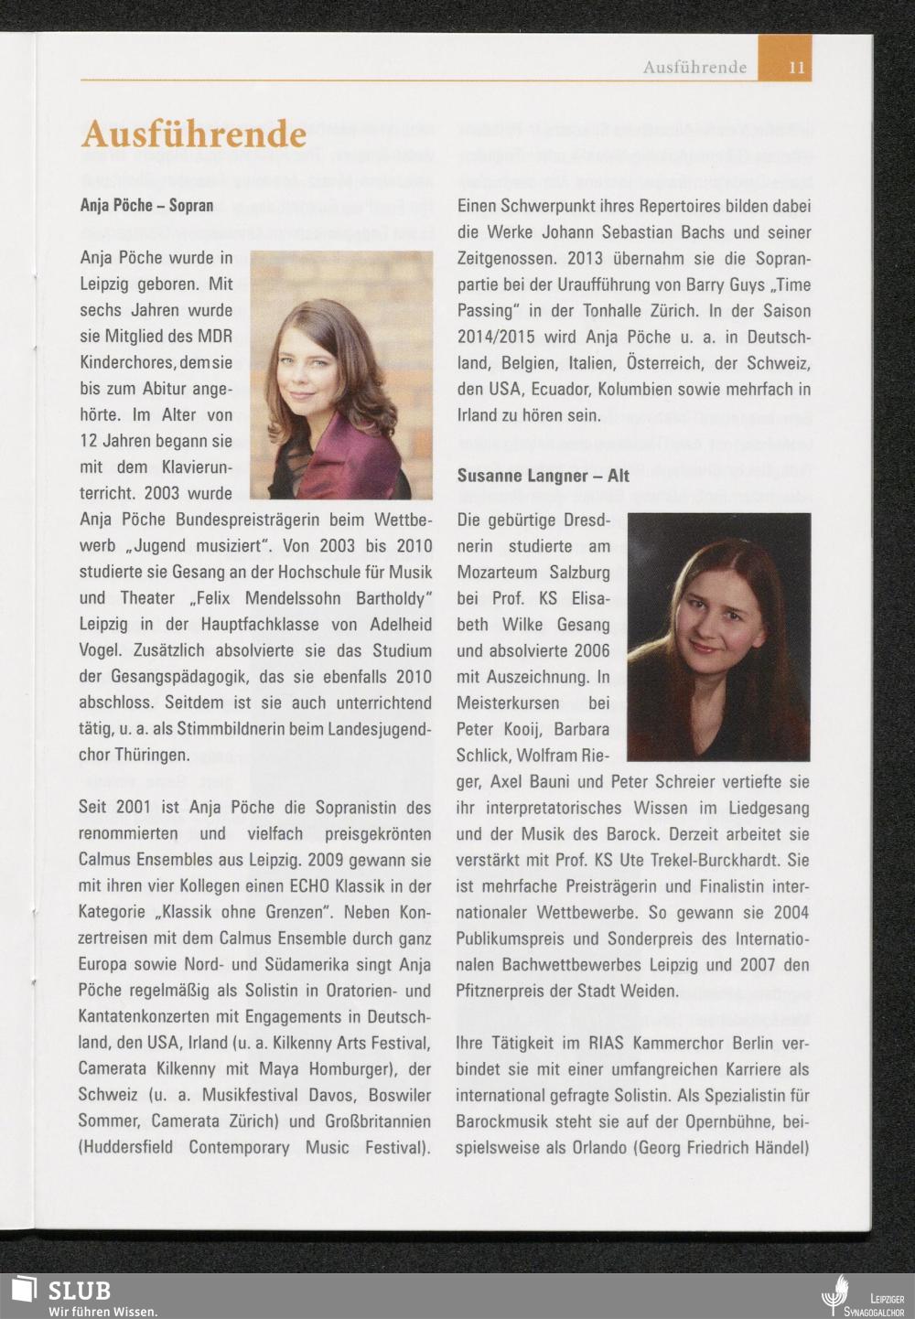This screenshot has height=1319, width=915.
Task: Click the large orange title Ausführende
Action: pyautogui.click(x=193, y=134)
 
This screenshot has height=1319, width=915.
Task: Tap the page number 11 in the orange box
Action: pyautogui.click(x=797, y=67)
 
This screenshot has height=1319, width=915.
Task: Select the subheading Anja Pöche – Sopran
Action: pyautogui.click(x=146, y=206)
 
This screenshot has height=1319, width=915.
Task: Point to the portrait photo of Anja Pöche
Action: pyautogui.click(x=341, y=375)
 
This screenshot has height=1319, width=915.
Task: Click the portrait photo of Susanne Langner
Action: pyautogui.click(x=718, y=637)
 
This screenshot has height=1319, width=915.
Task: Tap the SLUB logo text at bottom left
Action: pyautogui.click(x=79, y=1290)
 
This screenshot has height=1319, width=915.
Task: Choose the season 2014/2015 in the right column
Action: pyautogui.click(x=498, y=338)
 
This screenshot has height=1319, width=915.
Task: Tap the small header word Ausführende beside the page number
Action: pyautogui.click(x=694, y=67)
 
